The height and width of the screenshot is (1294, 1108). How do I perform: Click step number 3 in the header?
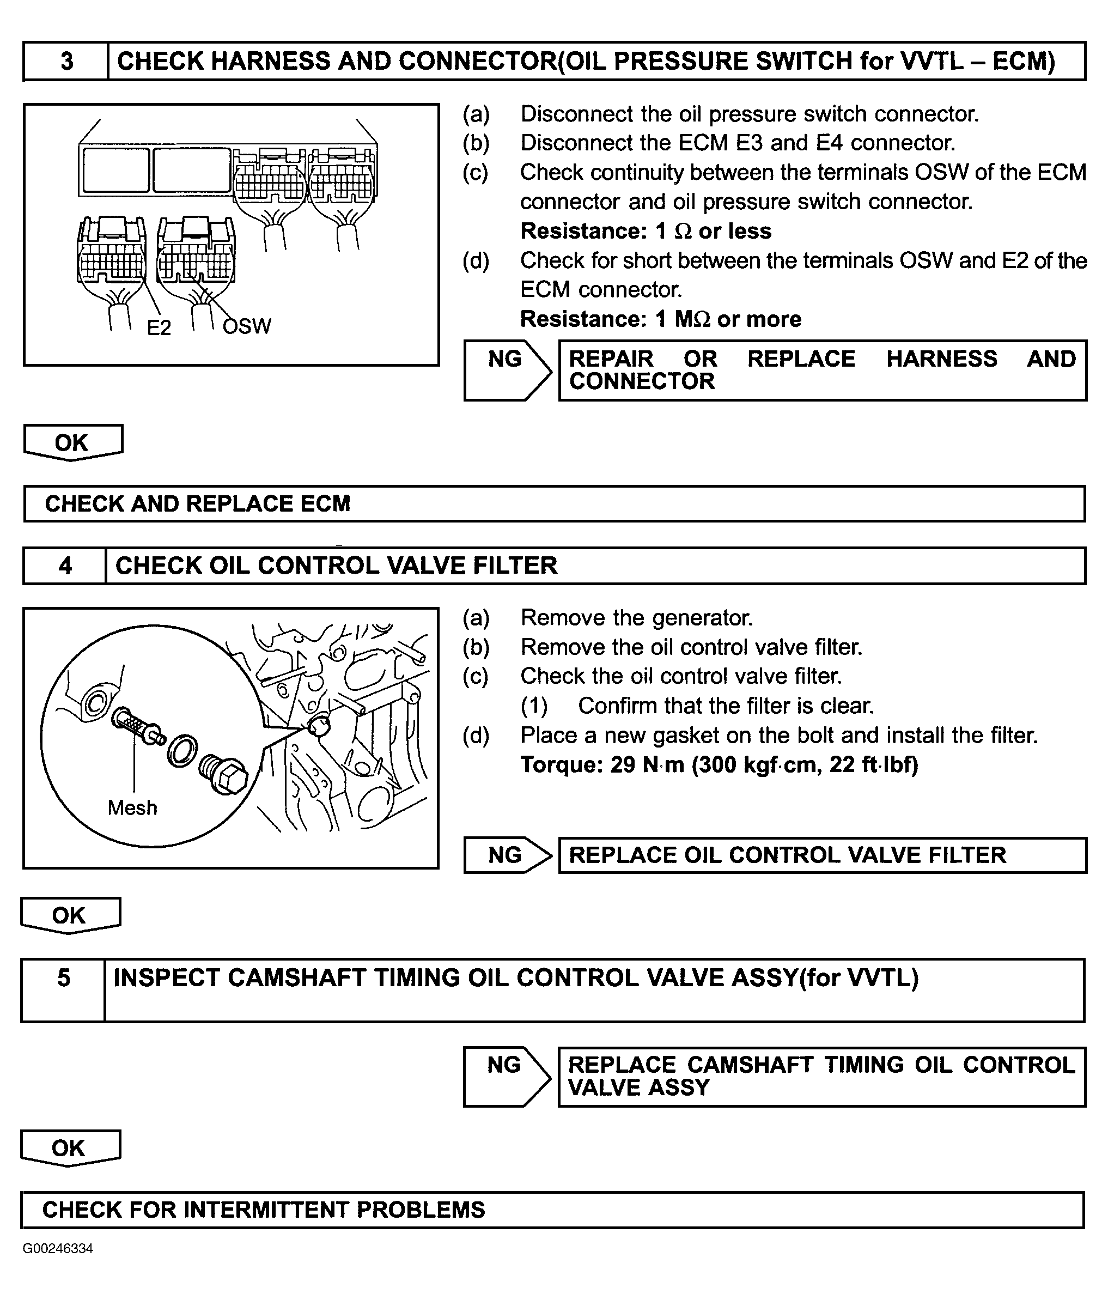66,61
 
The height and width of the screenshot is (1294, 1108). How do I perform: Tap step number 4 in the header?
65,566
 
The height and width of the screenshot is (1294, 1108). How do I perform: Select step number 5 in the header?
64,978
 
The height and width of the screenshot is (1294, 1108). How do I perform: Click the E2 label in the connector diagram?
159,327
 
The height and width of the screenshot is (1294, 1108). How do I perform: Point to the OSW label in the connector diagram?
247,326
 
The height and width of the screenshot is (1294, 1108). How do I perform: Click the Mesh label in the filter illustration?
132,807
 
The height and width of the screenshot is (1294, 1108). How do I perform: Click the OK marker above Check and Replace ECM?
72,442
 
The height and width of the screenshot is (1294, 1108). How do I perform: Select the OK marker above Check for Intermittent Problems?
69,1148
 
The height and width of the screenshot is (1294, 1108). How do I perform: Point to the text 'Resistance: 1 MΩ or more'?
660,319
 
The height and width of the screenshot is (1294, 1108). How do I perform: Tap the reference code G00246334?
58,1248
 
